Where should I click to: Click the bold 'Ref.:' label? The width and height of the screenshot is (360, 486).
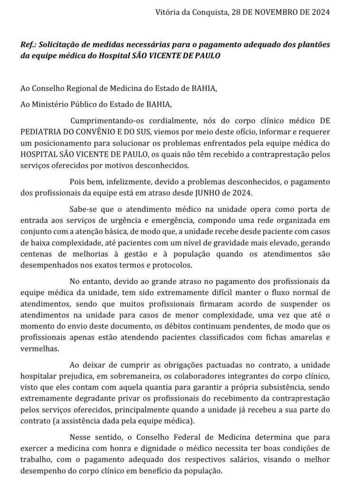[x=28, y=44]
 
